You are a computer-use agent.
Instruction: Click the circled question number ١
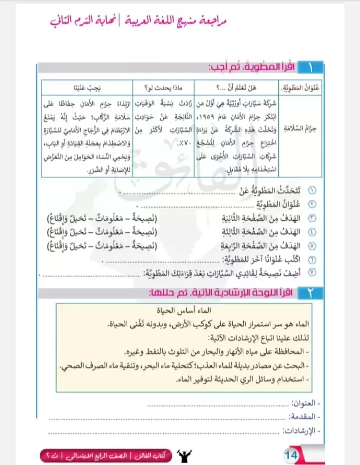312,191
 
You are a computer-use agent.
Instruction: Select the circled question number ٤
312,232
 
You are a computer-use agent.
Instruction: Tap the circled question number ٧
312,274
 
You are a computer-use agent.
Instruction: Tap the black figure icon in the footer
183,453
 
